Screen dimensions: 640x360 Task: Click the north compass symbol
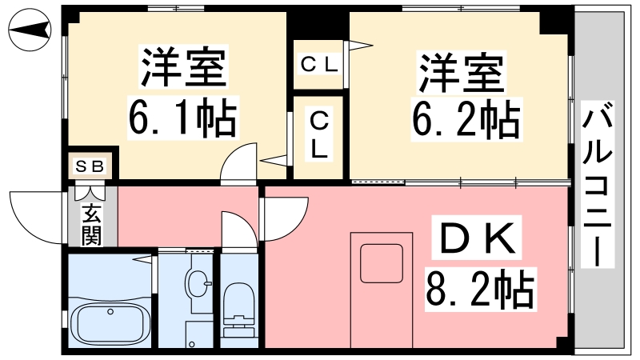coord(30,30)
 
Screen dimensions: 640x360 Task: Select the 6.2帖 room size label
coord(466,120)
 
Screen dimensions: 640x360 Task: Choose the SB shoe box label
coord(90,166)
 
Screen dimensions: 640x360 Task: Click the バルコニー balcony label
coord(597,185)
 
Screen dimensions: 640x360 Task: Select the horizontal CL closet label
coord(319,64)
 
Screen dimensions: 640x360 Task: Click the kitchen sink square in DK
coord(382,263)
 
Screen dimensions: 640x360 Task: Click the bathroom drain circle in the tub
coord(110,312)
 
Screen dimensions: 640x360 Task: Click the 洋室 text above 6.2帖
coord(462,72)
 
